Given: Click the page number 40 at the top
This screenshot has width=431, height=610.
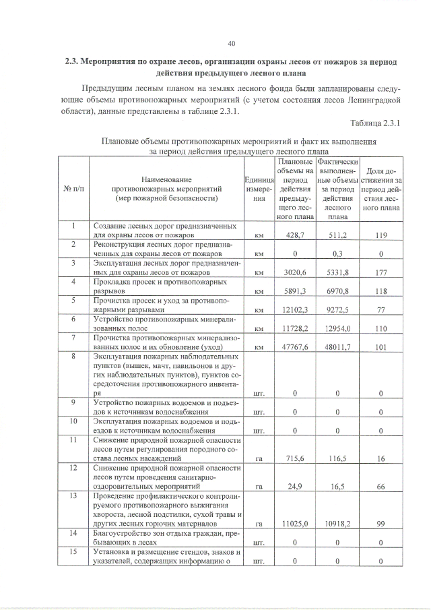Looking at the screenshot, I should point(231,44).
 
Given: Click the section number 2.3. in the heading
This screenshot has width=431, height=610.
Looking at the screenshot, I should point(71,61).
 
